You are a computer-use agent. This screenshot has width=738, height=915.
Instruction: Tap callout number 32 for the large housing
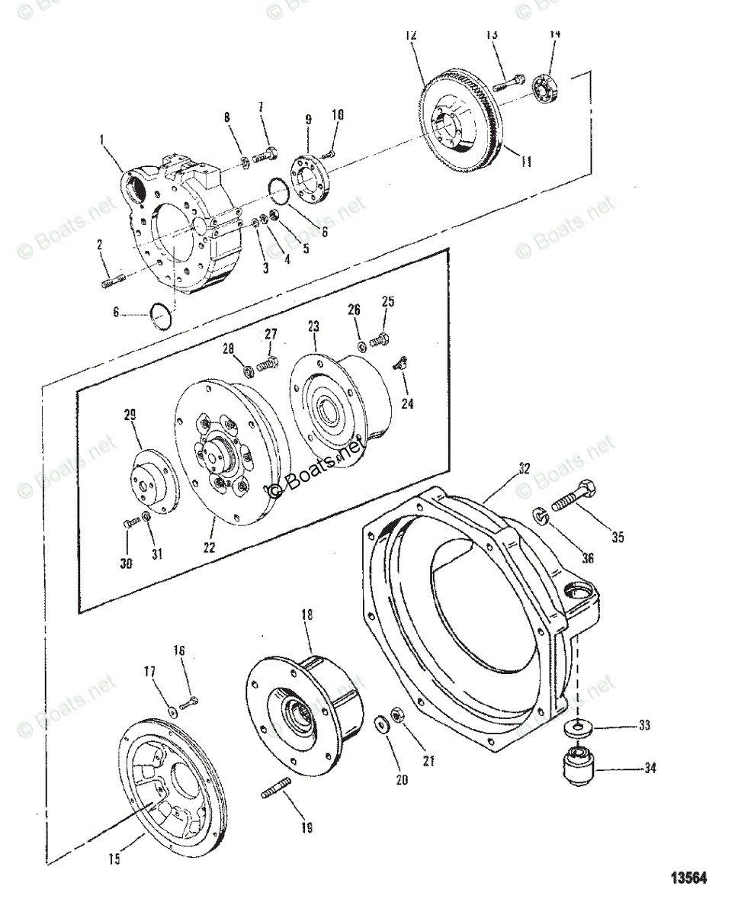[x=523, y=469]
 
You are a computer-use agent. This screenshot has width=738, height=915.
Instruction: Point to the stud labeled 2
[x=113, y=279]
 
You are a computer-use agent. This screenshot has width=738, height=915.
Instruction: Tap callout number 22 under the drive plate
[x=209, y=547]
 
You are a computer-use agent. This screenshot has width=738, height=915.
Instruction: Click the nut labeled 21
[x=396, y=715]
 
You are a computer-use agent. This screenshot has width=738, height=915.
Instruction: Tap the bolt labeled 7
[x=265, y=156]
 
